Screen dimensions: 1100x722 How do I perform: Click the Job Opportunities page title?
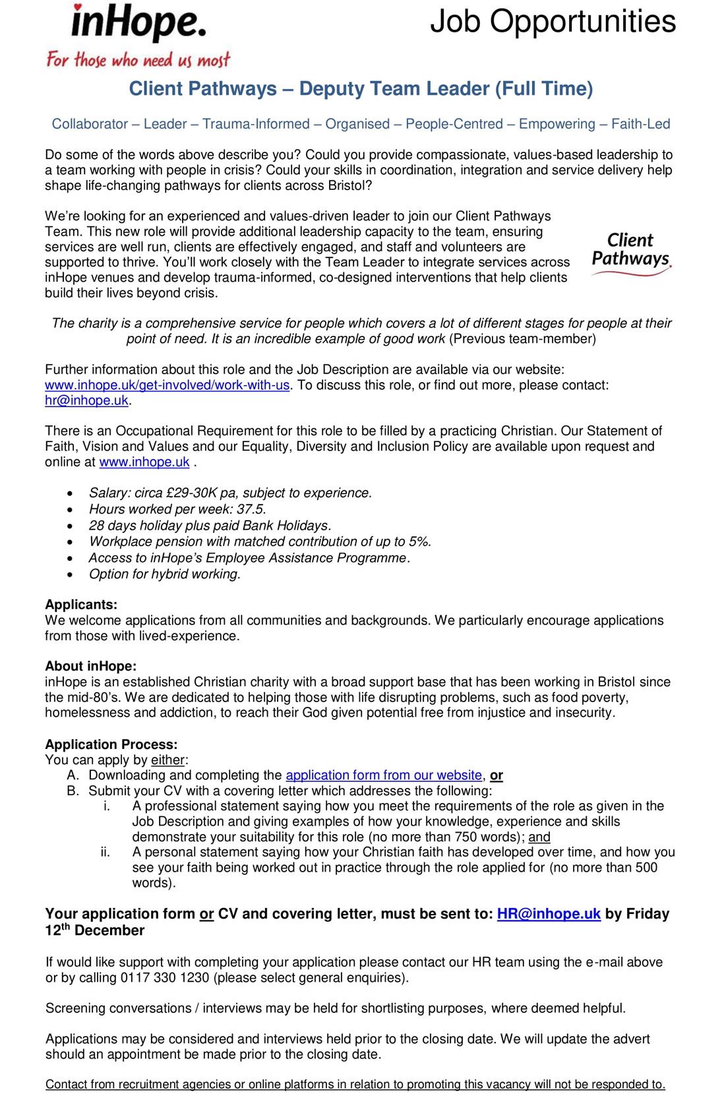553,21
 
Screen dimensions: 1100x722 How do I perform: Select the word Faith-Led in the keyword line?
640,124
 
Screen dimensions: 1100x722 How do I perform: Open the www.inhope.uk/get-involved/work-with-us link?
167,385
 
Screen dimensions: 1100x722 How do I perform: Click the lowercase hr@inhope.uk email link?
86,401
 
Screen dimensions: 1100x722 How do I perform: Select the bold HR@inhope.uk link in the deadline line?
549,914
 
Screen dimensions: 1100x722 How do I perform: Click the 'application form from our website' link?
384,775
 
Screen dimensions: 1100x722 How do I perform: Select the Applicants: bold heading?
81,604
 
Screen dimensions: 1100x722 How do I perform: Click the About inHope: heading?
91,666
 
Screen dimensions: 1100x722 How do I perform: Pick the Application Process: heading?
111,744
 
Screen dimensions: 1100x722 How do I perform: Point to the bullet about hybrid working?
165,574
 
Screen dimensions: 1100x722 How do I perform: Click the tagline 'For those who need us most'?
138,60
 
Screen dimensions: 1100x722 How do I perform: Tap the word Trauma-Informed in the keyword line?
256,124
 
